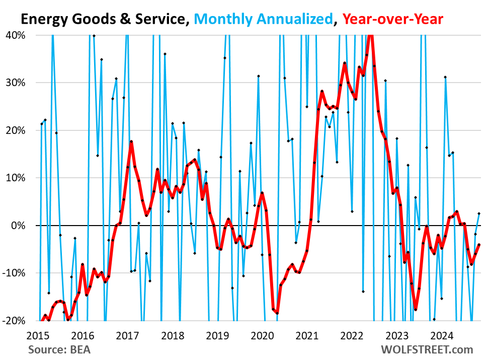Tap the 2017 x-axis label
pos(127,335)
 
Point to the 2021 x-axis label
pos(306,335)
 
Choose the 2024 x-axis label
pos(440,335)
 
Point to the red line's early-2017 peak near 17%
pos(131,141)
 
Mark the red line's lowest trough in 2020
pos(277,313)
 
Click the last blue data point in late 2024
pos(479,213)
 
